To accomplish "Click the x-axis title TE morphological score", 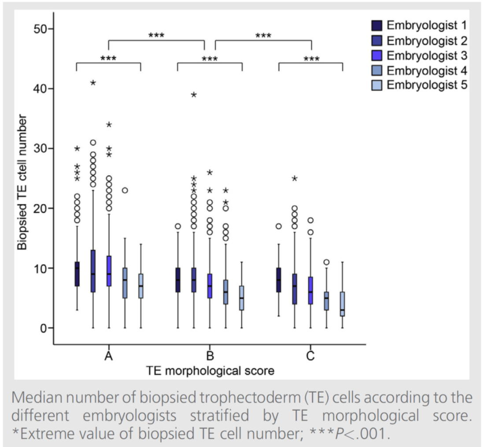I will click(210, 371).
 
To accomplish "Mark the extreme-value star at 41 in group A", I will click(93, 83).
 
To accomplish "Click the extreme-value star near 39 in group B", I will click(194, 94).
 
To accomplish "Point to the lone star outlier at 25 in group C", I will click(295, 179).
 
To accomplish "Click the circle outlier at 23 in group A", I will click(125, 190).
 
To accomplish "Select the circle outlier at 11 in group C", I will click(326, 262).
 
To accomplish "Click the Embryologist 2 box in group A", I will click(93, 271).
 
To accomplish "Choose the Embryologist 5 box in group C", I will click(342, 304).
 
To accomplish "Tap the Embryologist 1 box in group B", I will click(177, 280).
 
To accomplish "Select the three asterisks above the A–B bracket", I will click(156, 35).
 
